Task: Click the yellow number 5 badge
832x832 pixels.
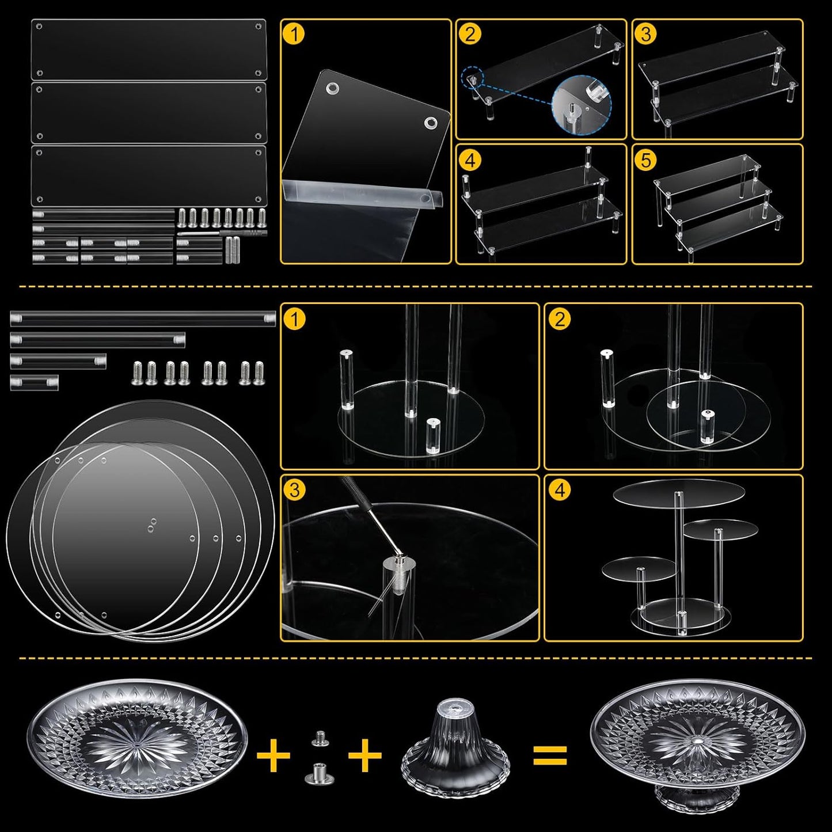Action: pyautogui.click(x=646, y=159)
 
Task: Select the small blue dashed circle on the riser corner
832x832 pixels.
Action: pyautogui.click(x=472, y=78)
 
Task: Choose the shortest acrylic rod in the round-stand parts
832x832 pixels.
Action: pyautogui.click(x=34, y=382)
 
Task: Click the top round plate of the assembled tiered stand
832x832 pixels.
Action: pyautogui.click(x=679, y=493)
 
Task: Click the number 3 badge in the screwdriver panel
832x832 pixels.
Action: pyautogui.click(x=294, y=490)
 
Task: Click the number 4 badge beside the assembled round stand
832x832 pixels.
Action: pyautogui.click(x=560, y=490)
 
